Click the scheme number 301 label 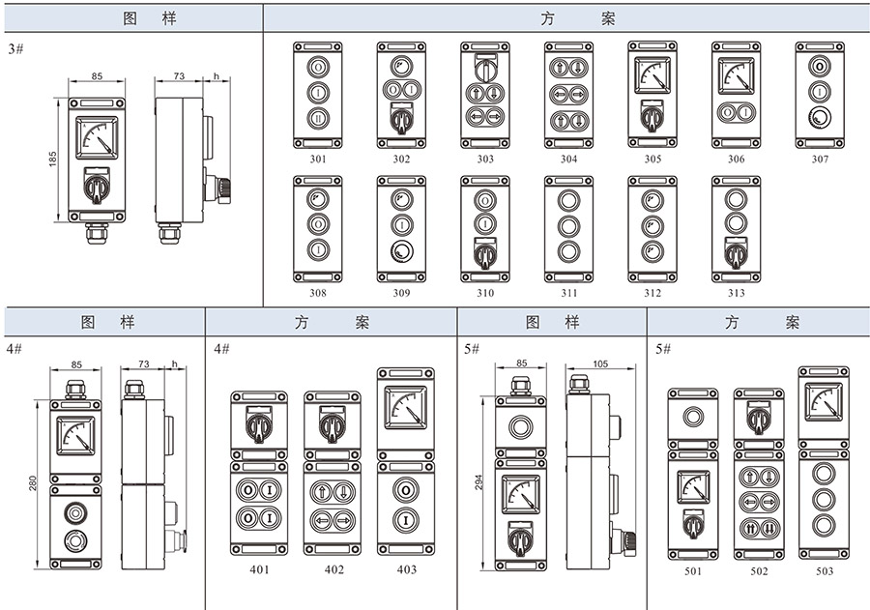pyautogui.click(x=318, y=160)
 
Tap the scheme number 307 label pyautogui.click(x=820, y=160)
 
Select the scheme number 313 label pyautogui.click(x=736, y=293)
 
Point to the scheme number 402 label pyautogui.click(x=333, y=569)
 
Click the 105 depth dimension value pyautogui.click(x=600, y=364)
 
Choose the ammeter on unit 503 pyautogui.click(x=824, y=399)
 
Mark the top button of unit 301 pyautogui.click(x=318, y=66)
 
